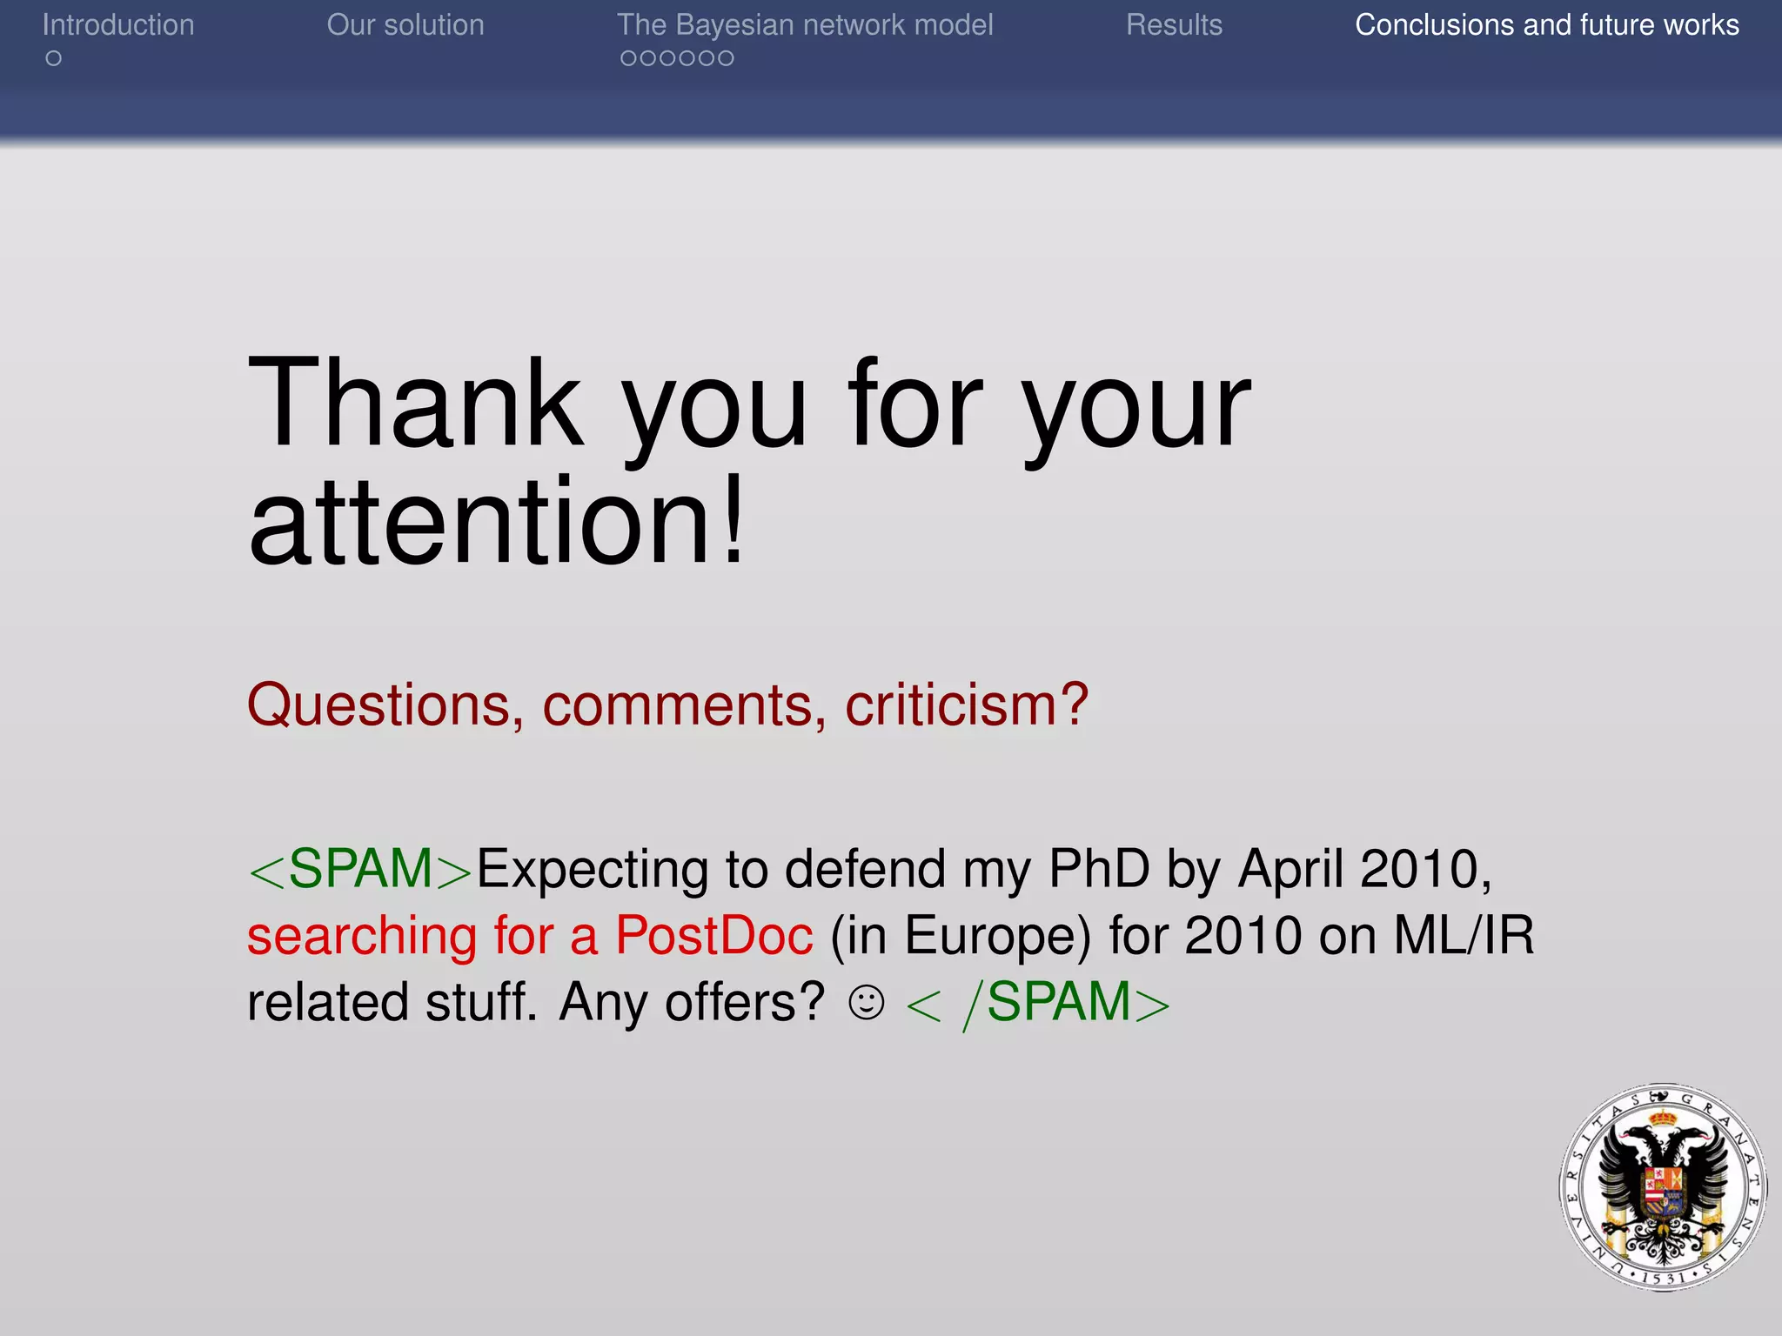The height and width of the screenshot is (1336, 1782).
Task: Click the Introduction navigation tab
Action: tap(118, 25)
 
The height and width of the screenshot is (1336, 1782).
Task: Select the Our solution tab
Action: tap(405, 25)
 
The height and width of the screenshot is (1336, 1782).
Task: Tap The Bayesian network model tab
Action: tap(805, 25)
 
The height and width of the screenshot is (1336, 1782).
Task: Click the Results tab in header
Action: tap(1174, 25)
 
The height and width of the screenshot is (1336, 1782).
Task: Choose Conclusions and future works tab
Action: tap(1547, 25)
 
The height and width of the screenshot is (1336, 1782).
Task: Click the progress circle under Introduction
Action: tap(54, 58)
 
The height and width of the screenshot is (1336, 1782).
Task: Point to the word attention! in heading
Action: tap(496, 522)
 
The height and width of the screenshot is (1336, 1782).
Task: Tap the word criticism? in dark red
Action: tap(967, 705)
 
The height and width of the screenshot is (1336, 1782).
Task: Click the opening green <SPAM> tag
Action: tap(359, 869)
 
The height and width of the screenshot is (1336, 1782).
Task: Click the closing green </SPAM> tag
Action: tap(1038, 1003)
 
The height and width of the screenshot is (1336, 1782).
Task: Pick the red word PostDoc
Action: tap(714, 936)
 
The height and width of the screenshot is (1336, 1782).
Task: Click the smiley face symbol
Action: tap(867, 1003)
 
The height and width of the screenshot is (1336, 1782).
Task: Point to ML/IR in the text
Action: tap(1464, 936)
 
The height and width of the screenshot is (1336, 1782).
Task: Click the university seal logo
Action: tap(1663, 1187)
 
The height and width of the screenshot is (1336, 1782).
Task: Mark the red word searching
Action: tap(362, 936)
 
